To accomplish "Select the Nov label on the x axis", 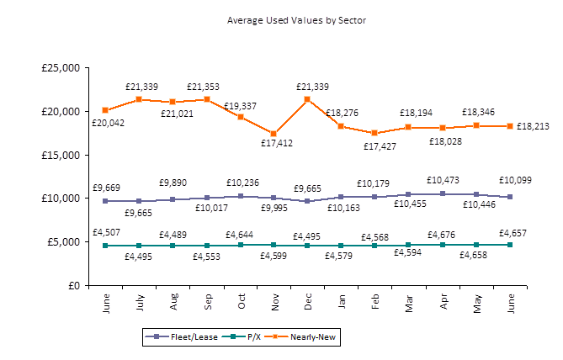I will click(x=274, y=300).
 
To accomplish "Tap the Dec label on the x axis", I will click(x=308, y=300).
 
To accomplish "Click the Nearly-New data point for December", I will click(x=307, y=99).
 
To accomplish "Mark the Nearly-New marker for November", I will click(x=274, y=133).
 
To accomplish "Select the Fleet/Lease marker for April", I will click(x=442, y=193).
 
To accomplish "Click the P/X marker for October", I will click(x=240, y=245).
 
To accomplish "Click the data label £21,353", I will click(x=204, y=87).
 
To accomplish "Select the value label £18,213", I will click(x=532, y=126).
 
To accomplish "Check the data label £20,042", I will click(x=108, y=123).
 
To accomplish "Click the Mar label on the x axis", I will click(x=409, y=300).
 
